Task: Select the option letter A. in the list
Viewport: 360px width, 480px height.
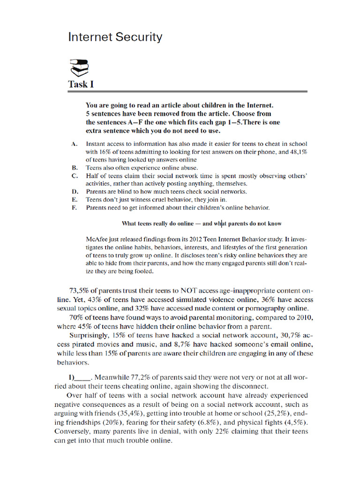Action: (x=75, y=144)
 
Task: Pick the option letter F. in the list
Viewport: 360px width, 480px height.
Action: (x=75, y=208)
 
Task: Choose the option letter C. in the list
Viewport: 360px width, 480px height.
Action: (x=75, y=176)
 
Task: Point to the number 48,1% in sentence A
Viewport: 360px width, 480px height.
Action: (x=298, y=152)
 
